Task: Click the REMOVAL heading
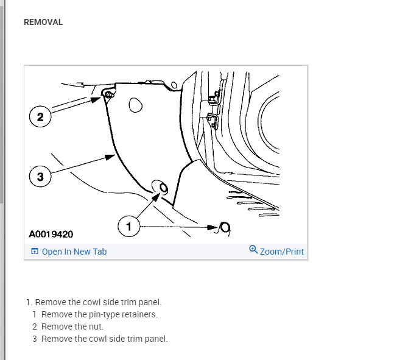[x=43, y=22]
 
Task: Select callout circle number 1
[x=128, y=227]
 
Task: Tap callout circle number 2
[x=40, y=118]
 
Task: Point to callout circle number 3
[x=40, y=177]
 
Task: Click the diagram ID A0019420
[x=51, y=234]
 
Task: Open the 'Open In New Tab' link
[x=74, y=252]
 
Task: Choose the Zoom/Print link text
[x=281, y=252]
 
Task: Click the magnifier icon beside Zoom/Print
[x=254, y=249]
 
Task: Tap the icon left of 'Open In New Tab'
[x=35, y=252]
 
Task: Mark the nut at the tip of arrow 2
[x=107, y=95]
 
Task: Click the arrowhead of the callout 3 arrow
[x=110, y=157]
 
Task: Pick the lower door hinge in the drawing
[x=211, y=118]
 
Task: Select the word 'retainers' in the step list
[x=139, y=314]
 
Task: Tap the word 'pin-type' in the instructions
[x=104, y=314]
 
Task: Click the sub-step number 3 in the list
[x=35, y=339]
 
